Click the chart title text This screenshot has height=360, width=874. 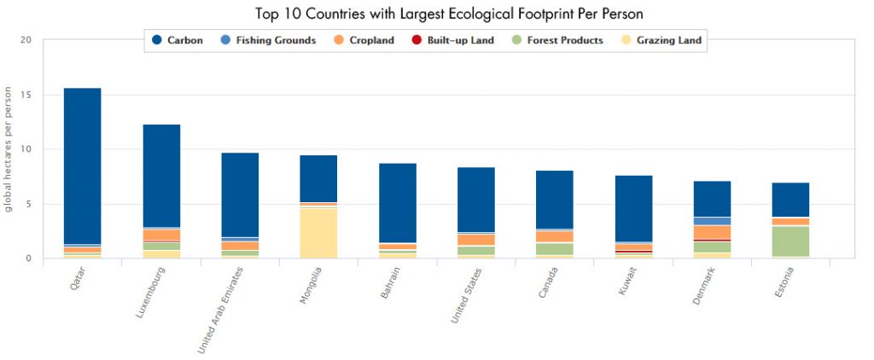coord(436,15)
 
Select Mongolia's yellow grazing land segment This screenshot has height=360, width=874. coord(318,232)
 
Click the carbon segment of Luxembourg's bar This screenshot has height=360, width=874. coord(161,176)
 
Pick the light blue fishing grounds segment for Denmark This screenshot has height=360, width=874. coord(712,221)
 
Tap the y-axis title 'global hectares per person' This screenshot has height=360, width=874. coord(8,149)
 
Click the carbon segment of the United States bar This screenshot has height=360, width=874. coord(475,200)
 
